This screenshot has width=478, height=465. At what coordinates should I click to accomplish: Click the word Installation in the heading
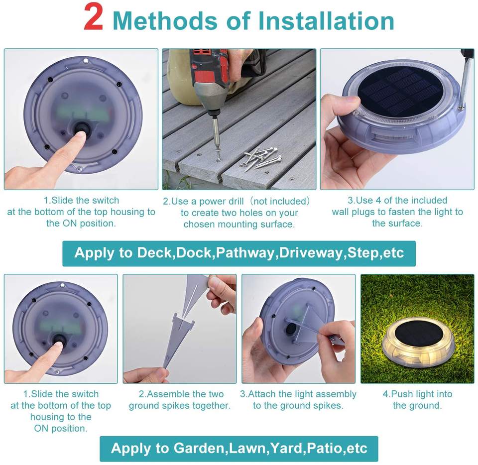[326, 21]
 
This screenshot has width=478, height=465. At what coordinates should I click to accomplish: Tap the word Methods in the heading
[165, 21]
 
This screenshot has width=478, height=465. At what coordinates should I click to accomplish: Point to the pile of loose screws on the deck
[262, 158]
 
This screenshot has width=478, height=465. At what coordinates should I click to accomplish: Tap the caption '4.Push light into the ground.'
[417, 399]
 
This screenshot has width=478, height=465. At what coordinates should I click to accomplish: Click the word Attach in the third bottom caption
[262, 394]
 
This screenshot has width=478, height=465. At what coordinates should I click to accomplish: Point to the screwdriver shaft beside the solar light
[466, 82]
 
